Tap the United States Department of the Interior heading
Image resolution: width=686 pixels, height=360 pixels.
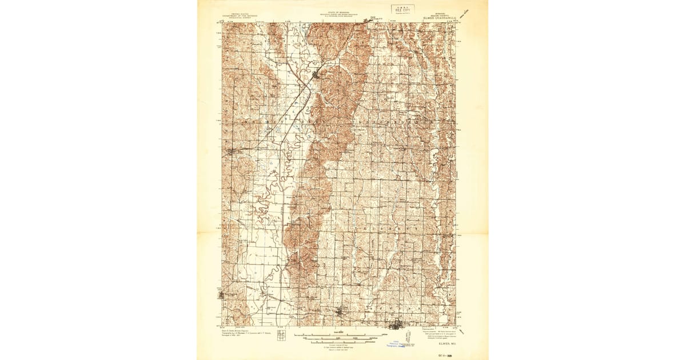click(x=240, y=18)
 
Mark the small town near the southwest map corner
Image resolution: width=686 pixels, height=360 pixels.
click(x=223, y=295)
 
